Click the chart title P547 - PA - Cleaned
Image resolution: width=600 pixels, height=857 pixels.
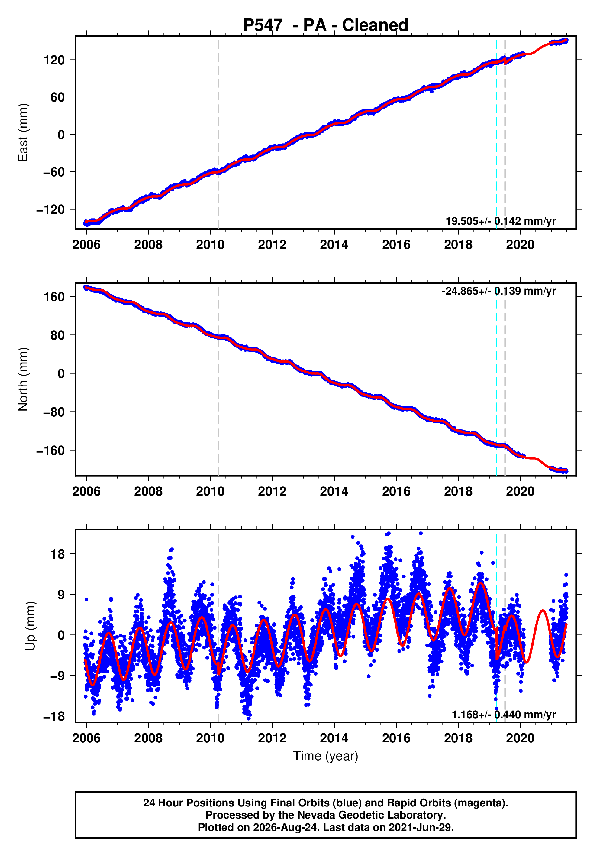click(x=326, y=25)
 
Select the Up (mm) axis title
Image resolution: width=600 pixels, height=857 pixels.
click(x=31, y=626)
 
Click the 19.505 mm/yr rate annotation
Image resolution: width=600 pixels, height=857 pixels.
click(x=501, y=221)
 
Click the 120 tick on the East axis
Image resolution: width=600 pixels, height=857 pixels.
click(x=54, y=60)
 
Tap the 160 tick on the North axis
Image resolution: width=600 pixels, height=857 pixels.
click(x=54, y=297)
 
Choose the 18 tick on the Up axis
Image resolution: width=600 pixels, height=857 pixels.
click(x=58, y=554)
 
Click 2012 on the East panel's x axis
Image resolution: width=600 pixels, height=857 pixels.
click(x=272, y=245)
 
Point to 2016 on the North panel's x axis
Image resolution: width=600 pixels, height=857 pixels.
click(x=396, y=492)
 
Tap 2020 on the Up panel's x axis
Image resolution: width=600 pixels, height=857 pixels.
click(x=520, y=738)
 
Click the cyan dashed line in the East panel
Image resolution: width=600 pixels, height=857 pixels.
click(x=497, y=132)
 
